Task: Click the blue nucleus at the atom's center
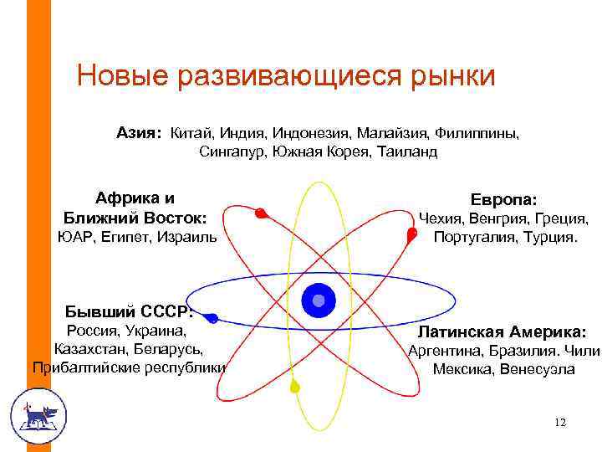click(318, 300)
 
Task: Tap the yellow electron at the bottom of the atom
click(294, 388)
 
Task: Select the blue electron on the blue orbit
click(213, 318)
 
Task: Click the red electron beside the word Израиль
click(261, 213)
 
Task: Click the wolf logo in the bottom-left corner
click(38, 416)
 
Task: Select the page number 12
click(559, 423)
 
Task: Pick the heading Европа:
click(504, 199)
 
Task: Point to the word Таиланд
click(407, 152)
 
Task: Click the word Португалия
click(473, 237)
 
